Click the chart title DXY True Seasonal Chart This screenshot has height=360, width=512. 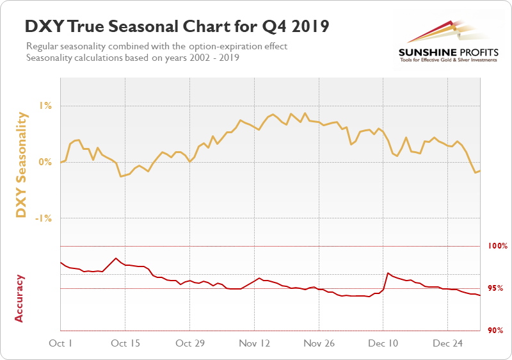(x=177, y=27)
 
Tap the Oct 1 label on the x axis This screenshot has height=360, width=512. (x=61, y=343)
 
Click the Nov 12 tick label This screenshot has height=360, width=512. (x=254, y=343)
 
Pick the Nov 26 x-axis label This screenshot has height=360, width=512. (x=319, y=343)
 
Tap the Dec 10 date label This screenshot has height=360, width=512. (x=383, y=343)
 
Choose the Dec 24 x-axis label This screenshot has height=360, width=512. (x=448, y=343)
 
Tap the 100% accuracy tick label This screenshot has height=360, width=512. (x=497, y=246)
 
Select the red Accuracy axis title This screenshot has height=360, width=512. (x=19, y=298)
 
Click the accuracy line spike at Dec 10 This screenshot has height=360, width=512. (x=388, y=274)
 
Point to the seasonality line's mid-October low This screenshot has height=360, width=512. (x=121, y=176)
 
